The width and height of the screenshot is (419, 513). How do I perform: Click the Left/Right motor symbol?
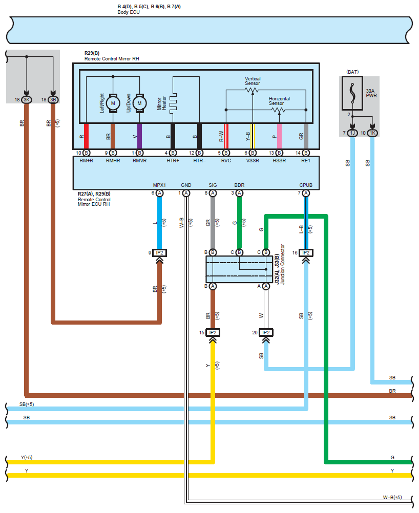click(113, 103)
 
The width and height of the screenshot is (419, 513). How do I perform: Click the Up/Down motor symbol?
click(139, 103)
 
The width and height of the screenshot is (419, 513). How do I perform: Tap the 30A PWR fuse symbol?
click(352, 93)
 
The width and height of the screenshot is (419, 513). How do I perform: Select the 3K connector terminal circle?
click(27, 100)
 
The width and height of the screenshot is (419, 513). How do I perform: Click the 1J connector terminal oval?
click(352, 133)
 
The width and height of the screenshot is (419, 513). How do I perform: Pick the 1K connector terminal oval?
click(372, 133)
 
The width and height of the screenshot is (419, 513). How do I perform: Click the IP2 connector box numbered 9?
click(159, 253)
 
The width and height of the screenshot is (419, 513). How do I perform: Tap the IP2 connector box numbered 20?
click(266, 333)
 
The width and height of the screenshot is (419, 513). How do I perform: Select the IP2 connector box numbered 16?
click(306, 253)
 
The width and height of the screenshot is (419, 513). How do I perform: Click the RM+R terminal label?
click(87, 161)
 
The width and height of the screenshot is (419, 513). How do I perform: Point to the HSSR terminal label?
click(279, 161)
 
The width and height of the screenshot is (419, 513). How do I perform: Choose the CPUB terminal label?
click(306, 185)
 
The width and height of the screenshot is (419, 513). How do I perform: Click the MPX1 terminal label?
click(159, 185)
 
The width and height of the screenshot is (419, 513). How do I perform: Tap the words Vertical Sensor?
click(253, 81)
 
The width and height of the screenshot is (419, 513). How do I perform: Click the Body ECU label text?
click(129, 12)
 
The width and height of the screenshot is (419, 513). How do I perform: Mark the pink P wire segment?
click(279, 136)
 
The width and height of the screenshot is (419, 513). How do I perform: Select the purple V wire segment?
click(139, 136)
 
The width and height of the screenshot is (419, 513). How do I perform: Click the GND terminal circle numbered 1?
click(186, 194)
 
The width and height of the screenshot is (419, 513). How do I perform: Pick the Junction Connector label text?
click(283, 264)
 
